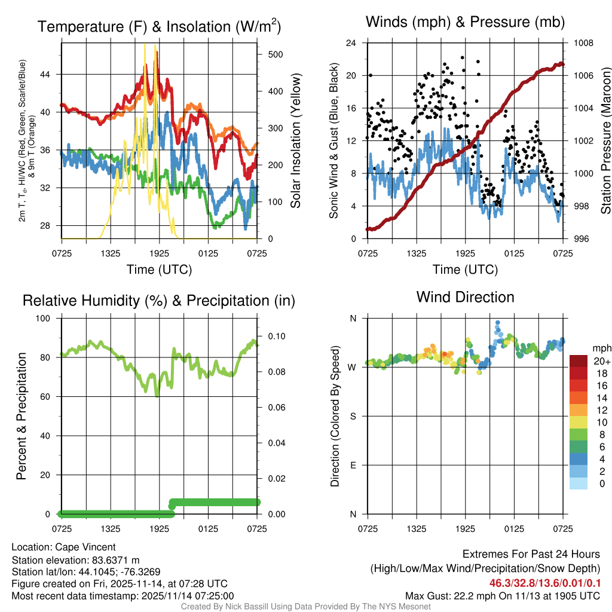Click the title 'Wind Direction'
tap(465, 297)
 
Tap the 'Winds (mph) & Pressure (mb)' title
tap(465, 23)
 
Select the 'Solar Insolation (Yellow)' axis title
tap(295, 141)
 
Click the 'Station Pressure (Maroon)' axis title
tap(605, 141)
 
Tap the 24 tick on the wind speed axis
tap(351, 43)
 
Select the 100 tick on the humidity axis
tap(44, 318)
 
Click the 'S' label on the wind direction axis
tap(353, 416)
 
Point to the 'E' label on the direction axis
tap(353, 465)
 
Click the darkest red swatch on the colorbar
tap(578, 361)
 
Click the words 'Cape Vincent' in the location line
tap(85, 547)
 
